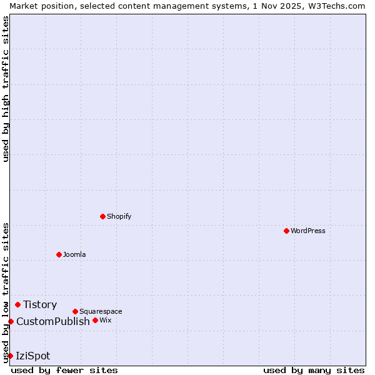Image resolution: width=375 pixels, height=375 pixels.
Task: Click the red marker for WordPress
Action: pyautogui.click(x=286, y=231)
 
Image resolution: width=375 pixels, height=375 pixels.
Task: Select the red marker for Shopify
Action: pyautogui.click(x=102, y=216)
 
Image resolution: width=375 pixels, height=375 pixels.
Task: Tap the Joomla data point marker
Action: pyautogui.click(x=59, y=254)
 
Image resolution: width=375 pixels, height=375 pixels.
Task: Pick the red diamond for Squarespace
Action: pyautogui.click(x=75, y=311)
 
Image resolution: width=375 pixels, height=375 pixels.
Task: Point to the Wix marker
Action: pyautogui.click(x=95, y=320)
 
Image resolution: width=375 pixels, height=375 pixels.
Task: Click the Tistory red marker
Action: pyautogui.click(x=17, y=304)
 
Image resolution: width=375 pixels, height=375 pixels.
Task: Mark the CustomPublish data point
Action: pyautogui.click(x=11, y=321)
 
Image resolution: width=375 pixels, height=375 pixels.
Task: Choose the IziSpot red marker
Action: pyautogui.click(x=10, y=356)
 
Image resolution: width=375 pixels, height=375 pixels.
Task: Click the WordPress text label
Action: pyautogui.click(x=307, y=231)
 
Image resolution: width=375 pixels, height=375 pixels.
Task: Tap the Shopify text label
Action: pyautogui.click(x=119, y=216)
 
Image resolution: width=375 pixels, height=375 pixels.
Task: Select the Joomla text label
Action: pyautogui.click(x=74, y=254)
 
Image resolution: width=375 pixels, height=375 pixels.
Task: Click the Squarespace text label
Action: pyautogui.click(x=101, y=311)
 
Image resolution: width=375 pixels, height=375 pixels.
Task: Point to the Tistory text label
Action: pyautogui.click(x=40, y=304)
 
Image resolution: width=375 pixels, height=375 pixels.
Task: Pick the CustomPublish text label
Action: pyautogui.click(x=53, y=321)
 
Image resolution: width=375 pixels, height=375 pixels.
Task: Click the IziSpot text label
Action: pyautogui.click(x=33, y=356)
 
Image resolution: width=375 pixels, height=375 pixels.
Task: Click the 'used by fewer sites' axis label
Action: pyautogui.click(x=64, y=370)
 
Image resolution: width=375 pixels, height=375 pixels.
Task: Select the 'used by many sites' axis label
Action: pyautogui.click(x=314, y=370)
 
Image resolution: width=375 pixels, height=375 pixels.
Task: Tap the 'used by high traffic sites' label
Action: pyautogui.click(x=6, y=89)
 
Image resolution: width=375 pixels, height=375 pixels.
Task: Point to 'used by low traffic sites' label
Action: pyautogui.click(x=6, y=292)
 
